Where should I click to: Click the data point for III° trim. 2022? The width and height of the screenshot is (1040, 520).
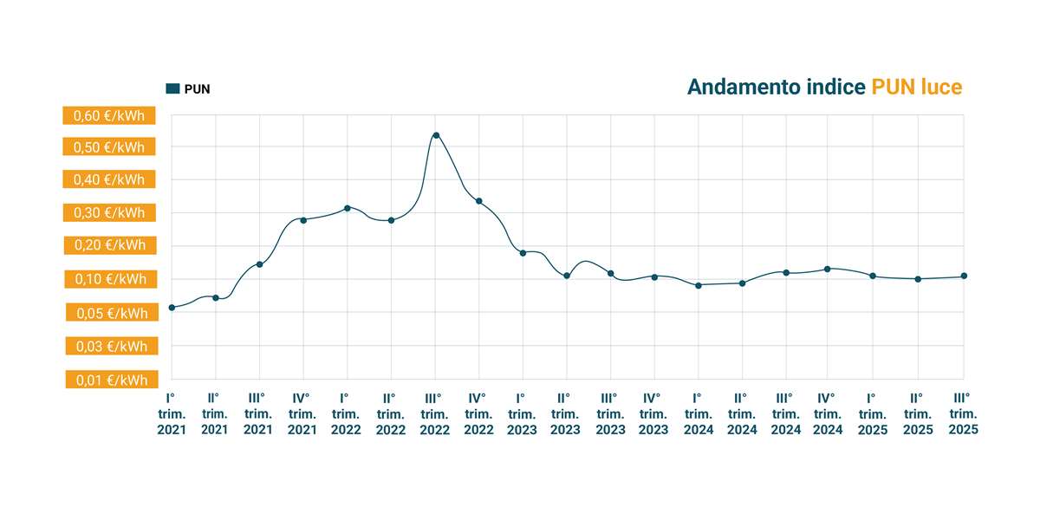tap(436, 135)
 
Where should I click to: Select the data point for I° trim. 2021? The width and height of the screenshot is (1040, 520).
tap(172, 308)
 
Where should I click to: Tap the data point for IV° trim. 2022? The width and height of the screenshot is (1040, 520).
tap(479, 201)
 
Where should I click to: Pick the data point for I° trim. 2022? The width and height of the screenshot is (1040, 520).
tap(347, 208)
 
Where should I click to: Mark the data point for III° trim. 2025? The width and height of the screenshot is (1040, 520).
tap(964, 276)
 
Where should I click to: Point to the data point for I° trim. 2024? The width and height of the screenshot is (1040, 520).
tap(699, 285)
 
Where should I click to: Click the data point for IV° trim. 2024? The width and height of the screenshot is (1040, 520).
tap(828, 269)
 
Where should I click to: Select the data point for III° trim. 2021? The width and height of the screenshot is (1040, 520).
tap(259, 264)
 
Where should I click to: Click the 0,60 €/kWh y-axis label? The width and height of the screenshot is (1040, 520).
tap(109, 115)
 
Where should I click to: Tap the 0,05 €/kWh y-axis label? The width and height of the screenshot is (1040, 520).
tap(109, 314)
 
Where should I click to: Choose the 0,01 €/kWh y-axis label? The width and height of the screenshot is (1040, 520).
tap(109, 380)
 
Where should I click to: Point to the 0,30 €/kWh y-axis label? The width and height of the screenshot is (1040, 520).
tap(109, 213)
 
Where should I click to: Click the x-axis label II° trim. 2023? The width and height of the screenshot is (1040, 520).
tap(566, 413)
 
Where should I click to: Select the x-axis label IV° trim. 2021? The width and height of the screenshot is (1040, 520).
tap(302, 413)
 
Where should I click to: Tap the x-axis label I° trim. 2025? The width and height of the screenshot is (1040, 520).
tap(873, 413)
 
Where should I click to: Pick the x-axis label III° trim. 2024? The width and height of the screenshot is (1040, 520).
tap(786, 413)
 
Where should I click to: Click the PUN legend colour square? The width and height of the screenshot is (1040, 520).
tap(172, 88)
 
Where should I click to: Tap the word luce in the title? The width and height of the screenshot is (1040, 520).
tap(942, 87)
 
